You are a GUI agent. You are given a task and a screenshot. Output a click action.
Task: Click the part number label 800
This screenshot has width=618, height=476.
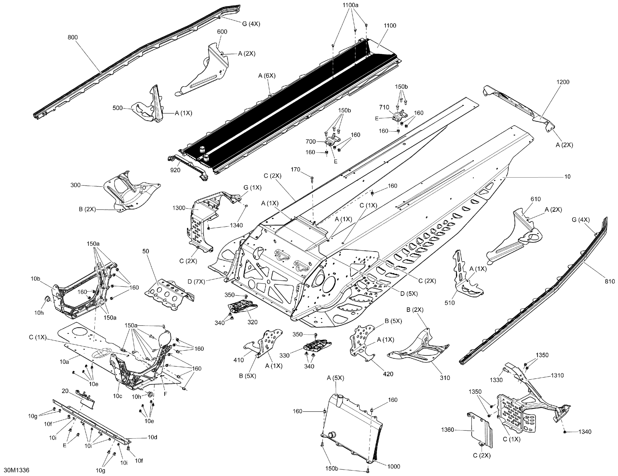coord(73,37)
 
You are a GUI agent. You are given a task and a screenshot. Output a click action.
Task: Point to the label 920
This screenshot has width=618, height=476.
coord(175,170)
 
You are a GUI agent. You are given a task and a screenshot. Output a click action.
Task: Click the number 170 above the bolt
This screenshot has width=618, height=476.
coord(295,170)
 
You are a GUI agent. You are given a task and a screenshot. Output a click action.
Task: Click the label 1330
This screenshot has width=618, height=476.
coord(496,380)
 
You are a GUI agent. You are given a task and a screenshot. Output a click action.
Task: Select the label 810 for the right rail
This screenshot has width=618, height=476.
coord(610,281)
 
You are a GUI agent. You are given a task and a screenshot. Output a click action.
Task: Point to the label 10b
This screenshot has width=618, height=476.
coord(36,279)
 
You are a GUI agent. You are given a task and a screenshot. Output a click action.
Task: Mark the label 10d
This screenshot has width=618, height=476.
coord(152,437)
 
